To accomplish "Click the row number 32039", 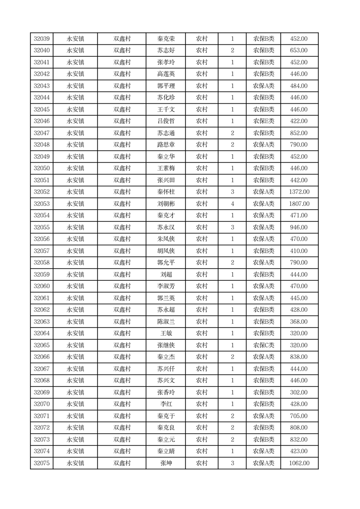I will click(x=42, y=39).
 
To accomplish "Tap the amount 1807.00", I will click(x=299, y=204).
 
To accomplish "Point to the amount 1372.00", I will click(x=299, y=192).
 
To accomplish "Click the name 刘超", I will click(x=166, y=274).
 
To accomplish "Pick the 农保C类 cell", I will click(x=263, y=345).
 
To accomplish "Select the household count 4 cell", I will click(x=233, y=204).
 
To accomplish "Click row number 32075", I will click(x=42, y=463).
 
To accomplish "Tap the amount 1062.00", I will click(x=299, y=463).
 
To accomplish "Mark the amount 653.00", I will click(x=299, y=50).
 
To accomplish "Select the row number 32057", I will click(x=42, y=251).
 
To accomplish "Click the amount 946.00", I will click(x=299, y=227).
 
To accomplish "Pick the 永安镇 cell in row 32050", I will click(x=75, y=168).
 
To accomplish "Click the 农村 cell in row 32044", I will click(x=202, y=98).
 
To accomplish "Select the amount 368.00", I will click(x=299, y=322).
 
